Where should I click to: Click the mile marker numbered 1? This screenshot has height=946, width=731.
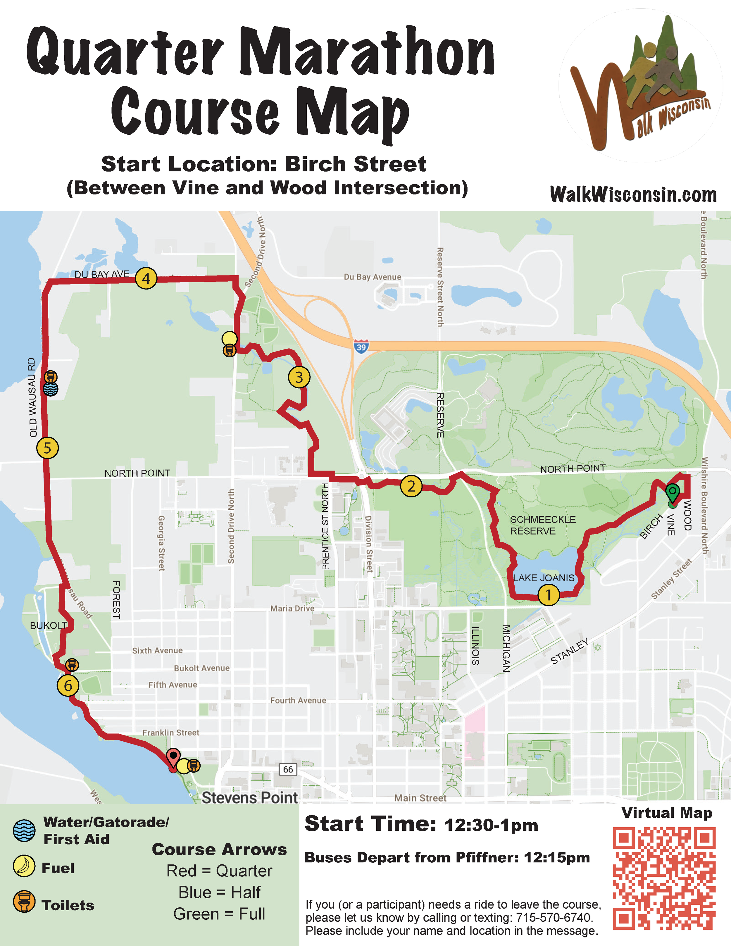click(x=548, y=595)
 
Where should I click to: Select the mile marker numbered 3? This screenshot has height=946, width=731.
click(x=299, y=377)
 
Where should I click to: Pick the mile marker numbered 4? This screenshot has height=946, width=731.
click(x=146, y=278)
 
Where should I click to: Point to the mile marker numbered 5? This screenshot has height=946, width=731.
click(x=47, y=448)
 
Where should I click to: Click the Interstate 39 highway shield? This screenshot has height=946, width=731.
click(x=361, y=347)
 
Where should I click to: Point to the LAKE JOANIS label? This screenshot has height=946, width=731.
click(x=544, y=578)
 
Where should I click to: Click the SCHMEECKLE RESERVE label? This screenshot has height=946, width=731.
click(x=543, y=525)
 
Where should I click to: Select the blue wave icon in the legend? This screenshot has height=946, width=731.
click(x=24, y=830)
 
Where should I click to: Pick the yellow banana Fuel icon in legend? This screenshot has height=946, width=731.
click(x=24, y=866)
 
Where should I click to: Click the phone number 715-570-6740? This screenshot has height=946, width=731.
click(x=554, y=917)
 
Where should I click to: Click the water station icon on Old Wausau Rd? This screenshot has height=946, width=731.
click(x=51, y=389)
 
